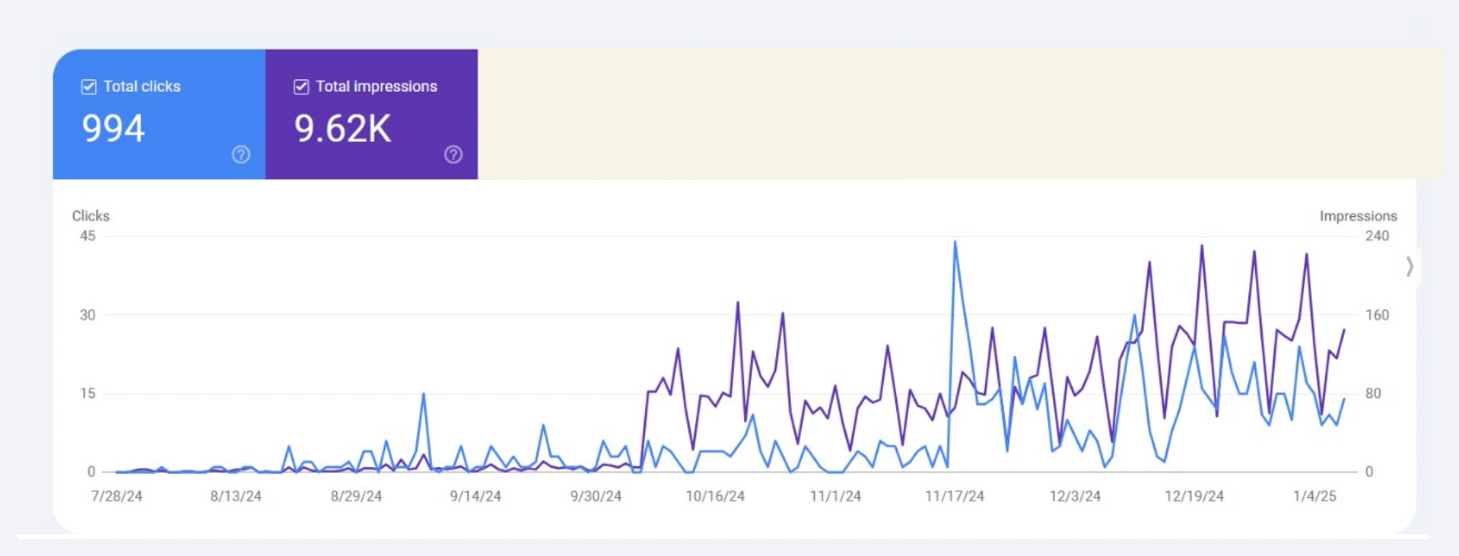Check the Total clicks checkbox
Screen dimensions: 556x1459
89,87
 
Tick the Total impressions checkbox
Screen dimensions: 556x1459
301,87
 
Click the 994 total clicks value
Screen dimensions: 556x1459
113,128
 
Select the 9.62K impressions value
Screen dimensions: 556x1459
342,128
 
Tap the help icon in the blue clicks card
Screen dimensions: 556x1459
241,154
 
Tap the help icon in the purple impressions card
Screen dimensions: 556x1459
453,154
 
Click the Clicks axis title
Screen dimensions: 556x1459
91,216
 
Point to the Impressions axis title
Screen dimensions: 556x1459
1358,216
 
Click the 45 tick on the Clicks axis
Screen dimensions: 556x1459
87,236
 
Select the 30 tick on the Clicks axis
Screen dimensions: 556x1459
87,315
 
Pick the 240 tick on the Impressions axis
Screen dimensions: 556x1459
1377,236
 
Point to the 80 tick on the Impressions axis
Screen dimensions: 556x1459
1373,393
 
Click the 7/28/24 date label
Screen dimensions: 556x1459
116,496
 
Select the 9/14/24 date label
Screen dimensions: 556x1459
475,496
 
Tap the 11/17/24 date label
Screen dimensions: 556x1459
955,496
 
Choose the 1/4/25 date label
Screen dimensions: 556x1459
1314,496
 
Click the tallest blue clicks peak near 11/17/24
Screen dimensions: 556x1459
955,243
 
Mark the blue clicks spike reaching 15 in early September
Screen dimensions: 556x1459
424,394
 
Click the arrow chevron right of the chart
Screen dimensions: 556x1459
1410,266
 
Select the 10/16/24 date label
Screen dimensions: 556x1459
715,496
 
